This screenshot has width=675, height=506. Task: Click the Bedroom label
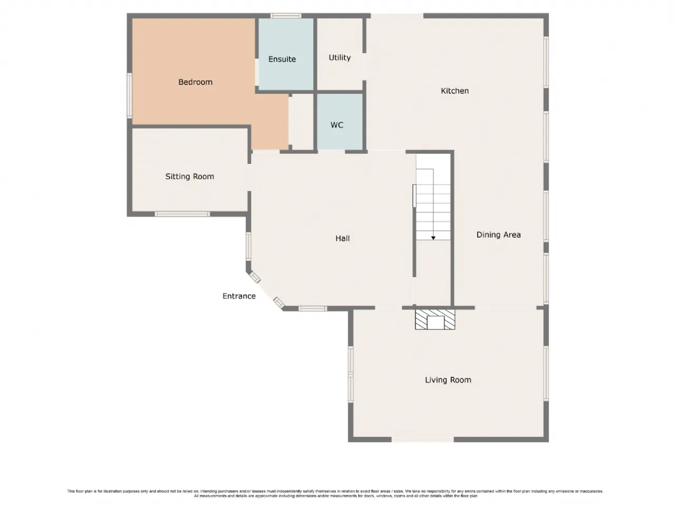195,82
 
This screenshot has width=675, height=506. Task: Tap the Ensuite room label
282,59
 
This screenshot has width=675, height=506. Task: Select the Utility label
340,58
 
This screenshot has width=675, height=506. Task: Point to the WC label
337,125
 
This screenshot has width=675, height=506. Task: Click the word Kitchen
455,91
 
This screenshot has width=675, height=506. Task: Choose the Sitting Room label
189,177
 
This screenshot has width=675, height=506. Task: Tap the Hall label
342,238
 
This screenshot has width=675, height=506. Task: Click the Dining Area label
498,235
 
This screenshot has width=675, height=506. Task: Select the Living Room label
448,380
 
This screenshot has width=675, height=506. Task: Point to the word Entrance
239,296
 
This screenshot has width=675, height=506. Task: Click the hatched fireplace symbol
435,319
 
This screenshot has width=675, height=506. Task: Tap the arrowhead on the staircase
433,238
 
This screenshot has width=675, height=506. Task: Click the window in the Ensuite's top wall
286,16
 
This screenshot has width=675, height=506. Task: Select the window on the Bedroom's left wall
130,95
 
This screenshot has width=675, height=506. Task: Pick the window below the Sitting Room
182,214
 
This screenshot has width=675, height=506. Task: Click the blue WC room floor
340,122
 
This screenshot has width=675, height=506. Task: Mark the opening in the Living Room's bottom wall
422,440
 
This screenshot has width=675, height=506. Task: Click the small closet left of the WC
301,122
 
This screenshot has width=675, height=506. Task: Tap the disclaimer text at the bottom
335,493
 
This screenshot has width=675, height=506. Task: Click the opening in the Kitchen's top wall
397,16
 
